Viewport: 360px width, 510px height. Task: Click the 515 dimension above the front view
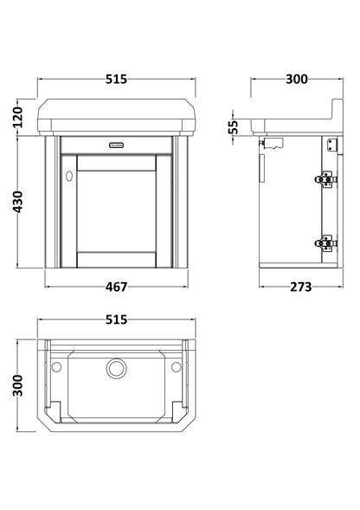[x=116, y=79]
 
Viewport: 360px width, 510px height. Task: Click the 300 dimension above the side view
[x=296, y=79]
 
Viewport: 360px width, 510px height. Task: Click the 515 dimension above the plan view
[x=116, y=320]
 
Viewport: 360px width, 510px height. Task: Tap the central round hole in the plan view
[x=115, y=369]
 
